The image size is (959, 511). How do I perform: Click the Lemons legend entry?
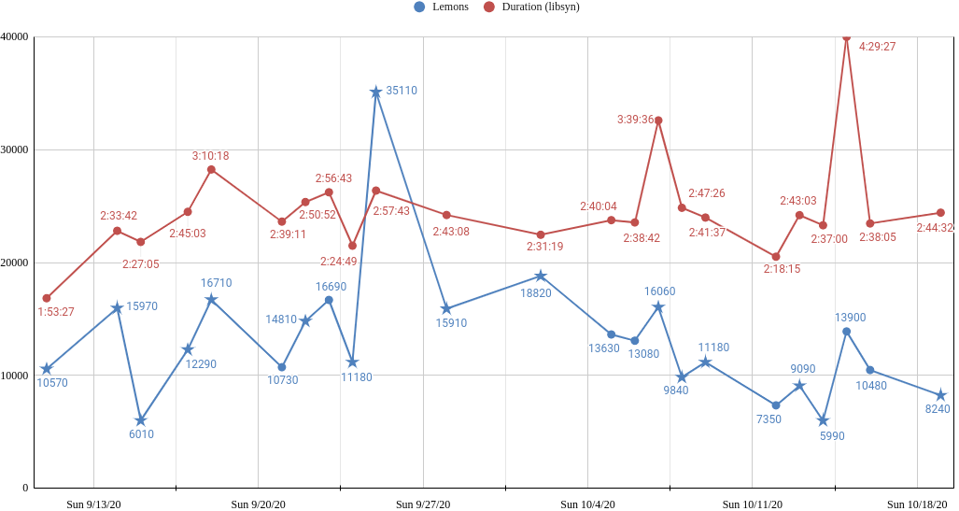click(x=441, y=7)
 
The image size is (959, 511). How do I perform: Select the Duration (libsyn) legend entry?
click(x=531, y=7)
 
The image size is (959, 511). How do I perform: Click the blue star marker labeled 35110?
click(x=376, y=92)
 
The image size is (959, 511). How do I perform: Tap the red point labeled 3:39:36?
click(x=658, y=121)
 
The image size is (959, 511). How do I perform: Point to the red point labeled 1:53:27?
click(x=47, y=298)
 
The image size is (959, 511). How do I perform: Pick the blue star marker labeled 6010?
click(x=141, y=420)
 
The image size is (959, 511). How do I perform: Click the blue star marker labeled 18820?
click(x=541, y=276)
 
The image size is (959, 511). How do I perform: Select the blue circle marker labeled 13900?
click(x=846, y=332)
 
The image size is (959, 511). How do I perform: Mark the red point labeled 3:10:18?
click(x=211, y=169)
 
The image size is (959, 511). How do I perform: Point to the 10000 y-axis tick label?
click(x=16, y=376)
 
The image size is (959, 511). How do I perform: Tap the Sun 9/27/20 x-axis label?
click(x=423, y=504)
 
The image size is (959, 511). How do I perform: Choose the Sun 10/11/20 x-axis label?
click(x=753, y=504)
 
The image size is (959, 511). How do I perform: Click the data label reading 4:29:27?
click(x=878, y=47)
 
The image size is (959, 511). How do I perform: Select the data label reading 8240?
click(x=937, y=409)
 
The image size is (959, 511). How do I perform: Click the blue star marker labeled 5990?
click(x=824, y=420)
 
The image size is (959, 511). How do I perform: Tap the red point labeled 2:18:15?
click(x=776, y=256)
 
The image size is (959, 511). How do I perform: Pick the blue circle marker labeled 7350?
click(x=776, y=405)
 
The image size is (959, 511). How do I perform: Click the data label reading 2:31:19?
click(x=545, y=247)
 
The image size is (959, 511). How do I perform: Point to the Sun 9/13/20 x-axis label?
click(x=93, y=504)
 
